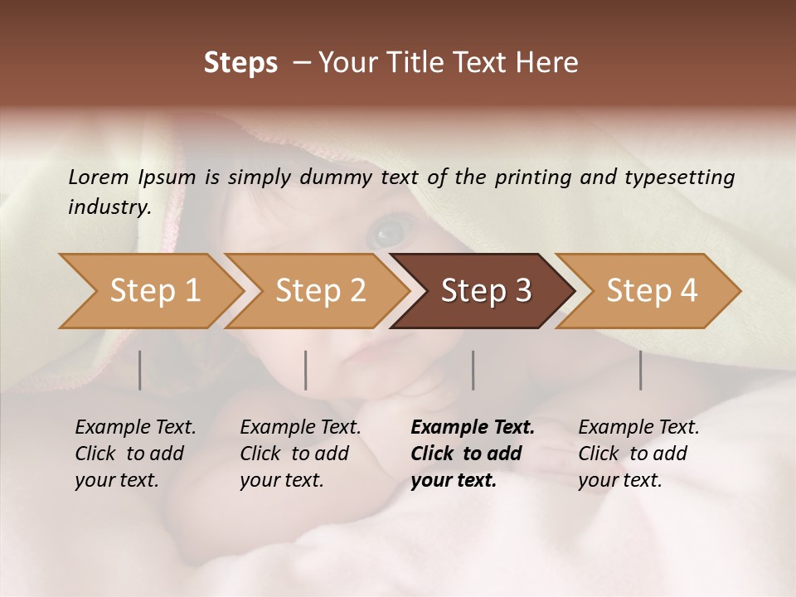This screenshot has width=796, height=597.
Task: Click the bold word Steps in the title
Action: click(240, 63)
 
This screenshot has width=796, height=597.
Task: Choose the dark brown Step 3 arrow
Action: click(486, 291)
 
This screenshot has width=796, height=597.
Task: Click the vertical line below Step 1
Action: click(140, 370)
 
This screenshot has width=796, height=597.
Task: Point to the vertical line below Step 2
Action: click(306, 370)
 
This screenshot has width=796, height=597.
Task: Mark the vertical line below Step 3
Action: click(473, 370)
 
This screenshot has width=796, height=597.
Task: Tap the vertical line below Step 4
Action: click(641, 370)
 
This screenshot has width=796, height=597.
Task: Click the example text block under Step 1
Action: click(135, 454)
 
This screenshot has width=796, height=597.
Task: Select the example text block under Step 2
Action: click(300, 454)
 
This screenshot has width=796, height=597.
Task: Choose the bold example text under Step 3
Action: click(473, 454)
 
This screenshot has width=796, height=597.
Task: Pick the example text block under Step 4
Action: click(638, 454)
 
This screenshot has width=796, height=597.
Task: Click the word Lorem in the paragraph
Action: click(98, 177)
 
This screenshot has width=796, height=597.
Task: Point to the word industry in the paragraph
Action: click(109, 206)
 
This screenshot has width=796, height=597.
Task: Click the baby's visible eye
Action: click(386, 232)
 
